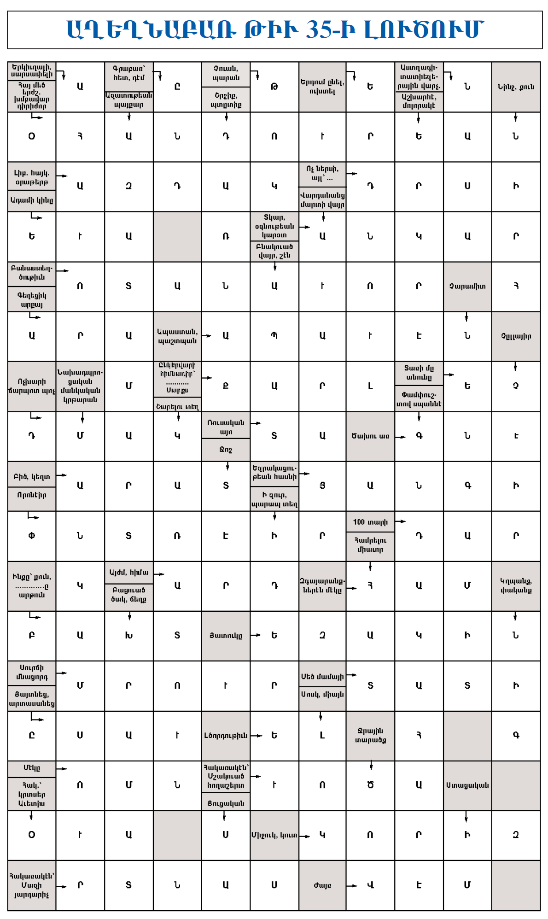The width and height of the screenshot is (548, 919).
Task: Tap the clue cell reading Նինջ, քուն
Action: (x=516, y=87)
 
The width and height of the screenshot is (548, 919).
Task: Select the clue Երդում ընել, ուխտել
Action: (x=322, y=87)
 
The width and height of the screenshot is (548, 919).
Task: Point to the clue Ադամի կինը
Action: (x=32, y=200)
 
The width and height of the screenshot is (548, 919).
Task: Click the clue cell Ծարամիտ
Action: (x=467, y=286)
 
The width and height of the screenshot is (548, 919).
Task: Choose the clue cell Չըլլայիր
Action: (x=516, y=336)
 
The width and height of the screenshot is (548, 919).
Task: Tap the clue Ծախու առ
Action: (x=370, y=436)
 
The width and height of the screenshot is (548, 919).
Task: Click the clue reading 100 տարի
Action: (x=370, y=522)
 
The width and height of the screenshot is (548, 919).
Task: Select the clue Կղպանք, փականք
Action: (x=516, y=585)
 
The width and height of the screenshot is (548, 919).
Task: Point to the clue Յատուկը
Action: (x=226, y=636)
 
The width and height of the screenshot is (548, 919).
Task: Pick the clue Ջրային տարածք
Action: (x=370, y=735)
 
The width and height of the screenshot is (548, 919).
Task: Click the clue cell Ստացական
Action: (x=467, y=785)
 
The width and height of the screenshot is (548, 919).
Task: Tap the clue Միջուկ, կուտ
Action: (x=274, y=835)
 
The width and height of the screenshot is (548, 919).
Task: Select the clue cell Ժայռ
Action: (x=322, y=885)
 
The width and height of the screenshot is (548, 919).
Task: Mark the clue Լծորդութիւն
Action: (x=226, y=735)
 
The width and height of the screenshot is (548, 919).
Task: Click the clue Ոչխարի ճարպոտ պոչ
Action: (x=32, y=386)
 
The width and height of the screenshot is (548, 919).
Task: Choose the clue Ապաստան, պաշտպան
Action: (x=177, y=336)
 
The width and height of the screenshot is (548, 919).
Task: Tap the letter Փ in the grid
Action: (x=32, y=536)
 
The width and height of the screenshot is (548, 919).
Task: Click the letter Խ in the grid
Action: (x=129, y=636)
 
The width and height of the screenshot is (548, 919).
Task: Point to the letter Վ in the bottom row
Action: (x=370, y=885)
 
